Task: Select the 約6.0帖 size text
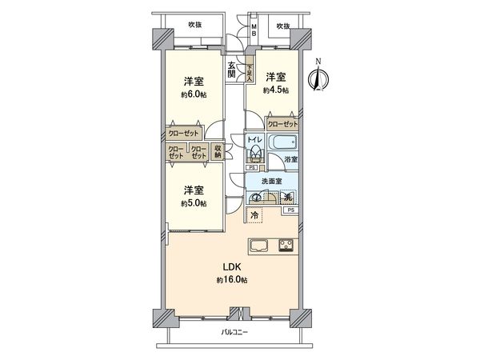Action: tap(192, 94)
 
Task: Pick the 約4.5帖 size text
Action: tap(276, 90)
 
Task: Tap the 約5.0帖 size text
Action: tap(192, 203)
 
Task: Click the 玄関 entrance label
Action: tap(231, 70)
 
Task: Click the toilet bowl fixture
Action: tap(254, 155)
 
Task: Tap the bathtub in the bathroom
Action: tap(283, 145)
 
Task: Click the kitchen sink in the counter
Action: tap(260, 245)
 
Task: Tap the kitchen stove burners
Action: tap(286, 245)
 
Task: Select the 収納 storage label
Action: tap(217, 151)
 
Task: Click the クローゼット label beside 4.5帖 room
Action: tap(282, 124)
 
